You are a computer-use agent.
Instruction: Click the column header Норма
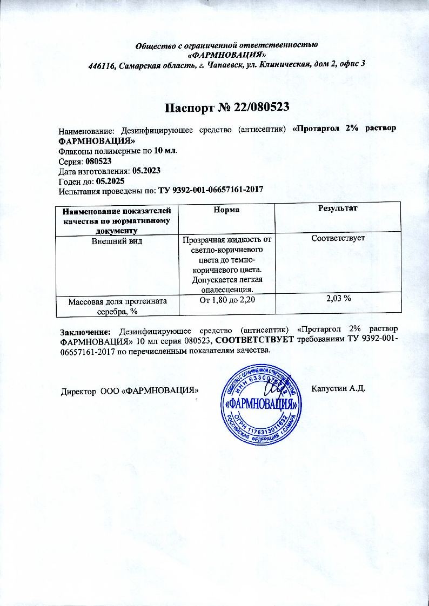pos(226,208)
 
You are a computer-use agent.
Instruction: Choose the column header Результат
pos(339,208)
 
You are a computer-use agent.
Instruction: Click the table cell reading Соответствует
pos(339,238)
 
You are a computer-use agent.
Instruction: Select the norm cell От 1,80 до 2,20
pos(227,300)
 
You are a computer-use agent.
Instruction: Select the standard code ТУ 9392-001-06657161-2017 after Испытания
pos(210,190)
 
